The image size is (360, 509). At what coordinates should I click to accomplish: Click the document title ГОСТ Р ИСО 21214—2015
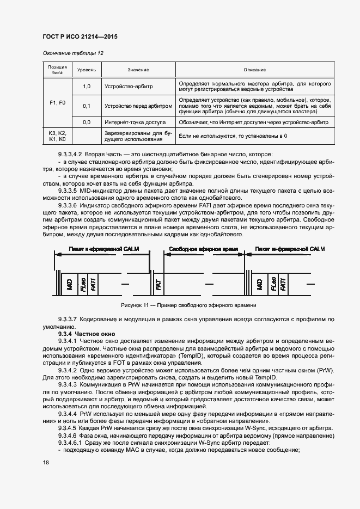[x=80, y=37]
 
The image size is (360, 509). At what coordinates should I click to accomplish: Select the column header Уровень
[x=86, y=70]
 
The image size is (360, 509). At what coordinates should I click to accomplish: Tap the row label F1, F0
[x=57, y=102]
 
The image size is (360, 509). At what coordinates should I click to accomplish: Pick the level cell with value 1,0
[x=86, y=87]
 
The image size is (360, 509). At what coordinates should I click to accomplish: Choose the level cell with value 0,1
[x=86, y=106]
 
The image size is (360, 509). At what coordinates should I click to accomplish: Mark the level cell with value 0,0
[x=86, y=122]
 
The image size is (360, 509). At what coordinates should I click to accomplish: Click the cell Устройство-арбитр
[x=129, y=87]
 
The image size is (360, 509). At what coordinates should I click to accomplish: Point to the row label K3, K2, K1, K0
[x=57, y=136]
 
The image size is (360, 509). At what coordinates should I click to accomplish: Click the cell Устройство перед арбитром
[x=138, y=106]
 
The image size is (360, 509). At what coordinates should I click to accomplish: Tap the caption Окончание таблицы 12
[x=72, y=53]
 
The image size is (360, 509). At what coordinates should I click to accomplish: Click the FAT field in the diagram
[x=158, y=283]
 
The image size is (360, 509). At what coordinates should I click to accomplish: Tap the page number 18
[x=46, y=462]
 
